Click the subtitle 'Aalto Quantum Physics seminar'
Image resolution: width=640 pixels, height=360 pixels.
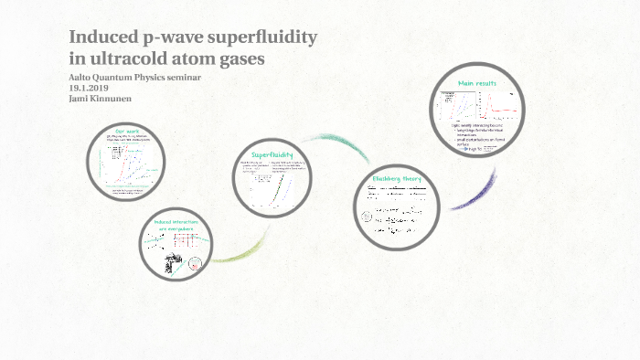(x=134, y=78)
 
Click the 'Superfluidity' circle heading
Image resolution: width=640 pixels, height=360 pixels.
(x=272, y=154)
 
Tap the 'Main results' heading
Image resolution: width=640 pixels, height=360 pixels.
(x=477, y=83)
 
